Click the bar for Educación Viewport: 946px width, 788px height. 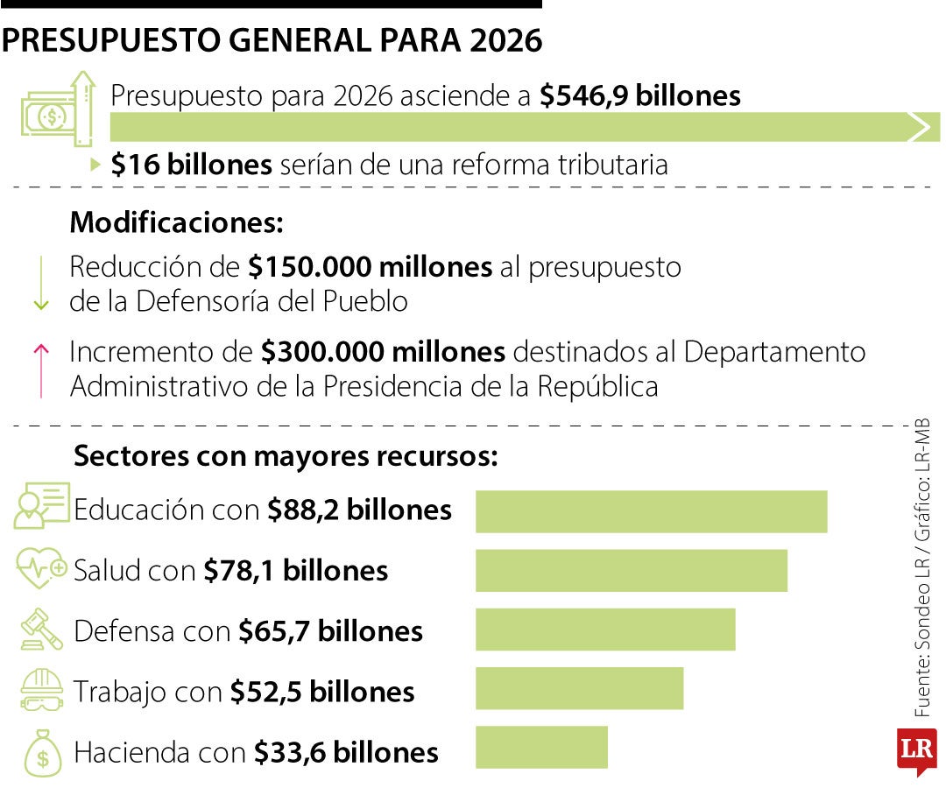(x=651, y=511)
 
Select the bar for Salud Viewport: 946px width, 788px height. (x=631, y=571)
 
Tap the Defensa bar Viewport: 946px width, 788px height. (x=605, y=630)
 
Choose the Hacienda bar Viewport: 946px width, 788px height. (x=541, y=747)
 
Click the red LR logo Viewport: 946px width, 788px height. (x=915, y=750)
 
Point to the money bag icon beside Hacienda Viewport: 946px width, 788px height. (x=42, y=752)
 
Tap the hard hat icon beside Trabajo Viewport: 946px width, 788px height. (x=42, y=689)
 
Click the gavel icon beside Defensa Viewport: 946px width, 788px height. (x=42, y=630)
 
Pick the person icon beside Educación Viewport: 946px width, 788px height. (x=41, y=506)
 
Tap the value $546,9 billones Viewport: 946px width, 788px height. (x=640, y=96)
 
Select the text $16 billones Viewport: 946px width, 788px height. (x=191, y=165)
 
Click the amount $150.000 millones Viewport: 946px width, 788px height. (x=370, y=267)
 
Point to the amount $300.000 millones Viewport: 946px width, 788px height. (x=383, y=352)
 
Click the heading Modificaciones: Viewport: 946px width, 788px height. (x=177, y=222)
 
